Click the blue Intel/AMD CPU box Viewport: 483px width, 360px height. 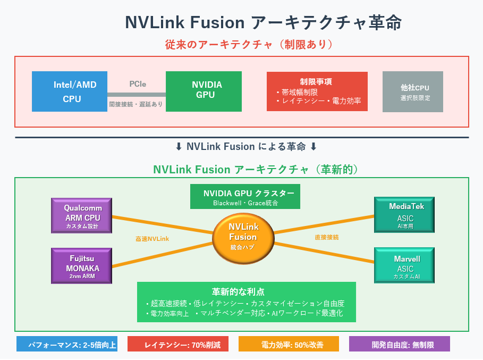pos(70,91)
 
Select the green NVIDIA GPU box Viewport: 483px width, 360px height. pos(204,91)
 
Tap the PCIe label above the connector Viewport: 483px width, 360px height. pos(138,84)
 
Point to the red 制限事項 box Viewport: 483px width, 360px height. pos(316,91)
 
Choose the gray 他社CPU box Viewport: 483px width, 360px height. pos(412,91)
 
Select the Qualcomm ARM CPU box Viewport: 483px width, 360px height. pos(82,216)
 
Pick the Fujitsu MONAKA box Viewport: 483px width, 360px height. pos(82,265)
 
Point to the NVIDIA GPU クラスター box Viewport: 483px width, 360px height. pos(245,197)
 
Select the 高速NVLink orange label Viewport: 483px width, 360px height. pos(152,239)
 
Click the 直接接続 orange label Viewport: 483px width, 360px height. pos(326,237)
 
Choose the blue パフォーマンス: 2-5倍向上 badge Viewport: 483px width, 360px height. pos(66,345)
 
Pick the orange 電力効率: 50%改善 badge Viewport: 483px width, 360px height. pos(289,345)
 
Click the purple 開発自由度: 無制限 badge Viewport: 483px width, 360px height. pos(399,345)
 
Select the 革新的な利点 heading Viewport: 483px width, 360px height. pos(245,292)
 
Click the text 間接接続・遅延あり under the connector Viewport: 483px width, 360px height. pos(137,104)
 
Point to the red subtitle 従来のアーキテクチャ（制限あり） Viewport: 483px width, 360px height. pos(242,44)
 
